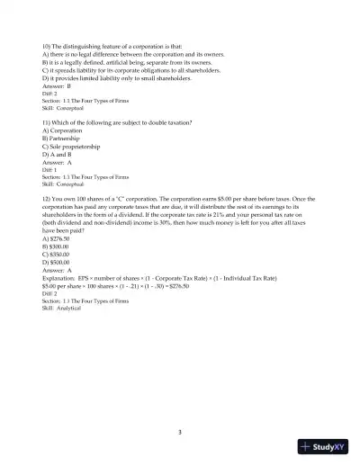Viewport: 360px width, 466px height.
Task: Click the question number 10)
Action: pos(47,44)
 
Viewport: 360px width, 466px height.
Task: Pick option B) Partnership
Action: pos(61,136)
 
